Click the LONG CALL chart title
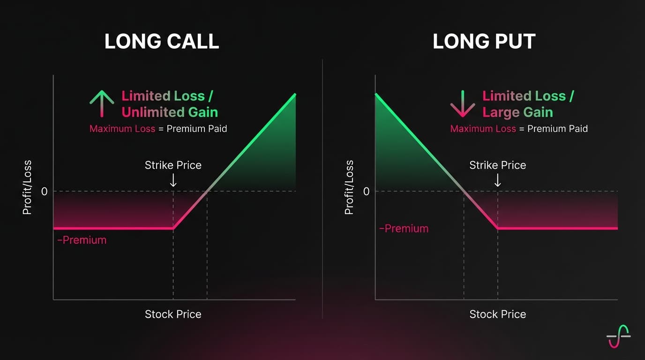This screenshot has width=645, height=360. click(x=161, y=42)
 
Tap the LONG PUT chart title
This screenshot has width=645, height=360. click(x=484, y=42)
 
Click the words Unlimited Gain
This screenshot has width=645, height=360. click(x=170, y=112)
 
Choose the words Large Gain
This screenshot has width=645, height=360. click(x=517, y=112)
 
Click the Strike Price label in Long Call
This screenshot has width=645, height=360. click(x=173, y=165)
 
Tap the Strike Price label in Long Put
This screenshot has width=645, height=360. click(x=497, y=165)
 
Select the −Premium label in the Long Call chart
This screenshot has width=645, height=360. click(x=82, y=240)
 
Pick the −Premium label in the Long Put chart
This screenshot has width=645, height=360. click(x=404, y=229)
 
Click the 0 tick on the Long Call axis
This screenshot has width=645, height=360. click(x=45, y=191)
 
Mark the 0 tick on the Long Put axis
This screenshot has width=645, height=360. click(x=366, y=191)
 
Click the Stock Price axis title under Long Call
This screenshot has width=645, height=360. click(x=173, y=314)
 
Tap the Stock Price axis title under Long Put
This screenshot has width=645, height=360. click(x=497, y=314)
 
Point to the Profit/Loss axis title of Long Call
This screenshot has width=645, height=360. click(x=27, y=187)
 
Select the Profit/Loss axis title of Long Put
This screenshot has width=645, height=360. click(x=349, y=187)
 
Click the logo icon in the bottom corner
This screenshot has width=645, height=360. click(x=618, y=336)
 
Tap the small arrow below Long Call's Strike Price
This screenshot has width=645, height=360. click(x=173, y=180)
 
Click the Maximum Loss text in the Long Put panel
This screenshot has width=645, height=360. click(x=483, y=128)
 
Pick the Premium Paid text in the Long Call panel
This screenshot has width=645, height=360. click(x=197, y=128)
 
